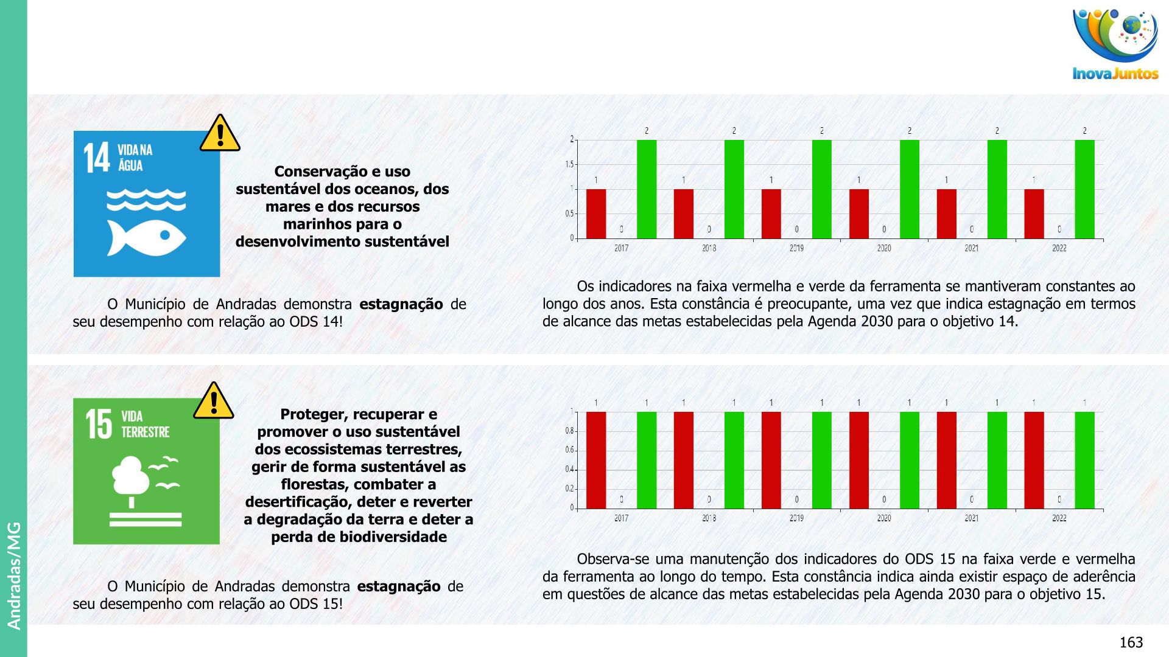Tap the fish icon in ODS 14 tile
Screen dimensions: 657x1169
(146, 237)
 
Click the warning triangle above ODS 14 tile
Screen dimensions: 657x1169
(220, 133)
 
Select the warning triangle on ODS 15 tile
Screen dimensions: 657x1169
(214, 401)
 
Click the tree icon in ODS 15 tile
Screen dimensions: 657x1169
(131, 478)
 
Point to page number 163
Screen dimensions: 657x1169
(1131, 642)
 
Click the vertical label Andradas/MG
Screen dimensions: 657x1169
(14, 575)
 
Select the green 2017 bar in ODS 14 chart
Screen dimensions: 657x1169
(647, 189)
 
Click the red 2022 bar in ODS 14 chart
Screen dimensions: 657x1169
(1034, 214)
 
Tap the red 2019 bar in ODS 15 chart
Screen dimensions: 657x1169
(771, 460)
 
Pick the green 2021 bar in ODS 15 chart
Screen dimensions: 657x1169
(997, 460)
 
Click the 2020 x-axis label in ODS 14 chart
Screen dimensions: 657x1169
(884, 248)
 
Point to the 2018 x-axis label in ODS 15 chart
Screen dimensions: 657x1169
(709, 518)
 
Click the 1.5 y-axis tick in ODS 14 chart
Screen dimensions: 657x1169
(569, 164)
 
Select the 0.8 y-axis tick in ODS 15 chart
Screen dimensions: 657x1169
(569, 431)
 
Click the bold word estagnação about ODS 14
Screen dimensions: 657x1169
(401, 304)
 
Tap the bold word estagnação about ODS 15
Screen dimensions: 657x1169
(398, 586)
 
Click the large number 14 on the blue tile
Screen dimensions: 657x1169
(97, 158)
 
